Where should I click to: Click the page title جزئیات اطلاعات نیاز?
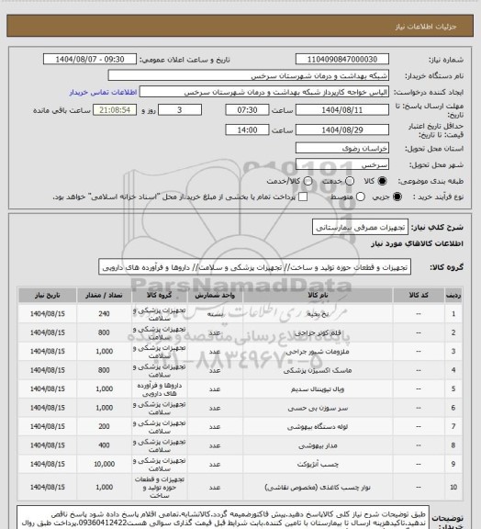(432, 9)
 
